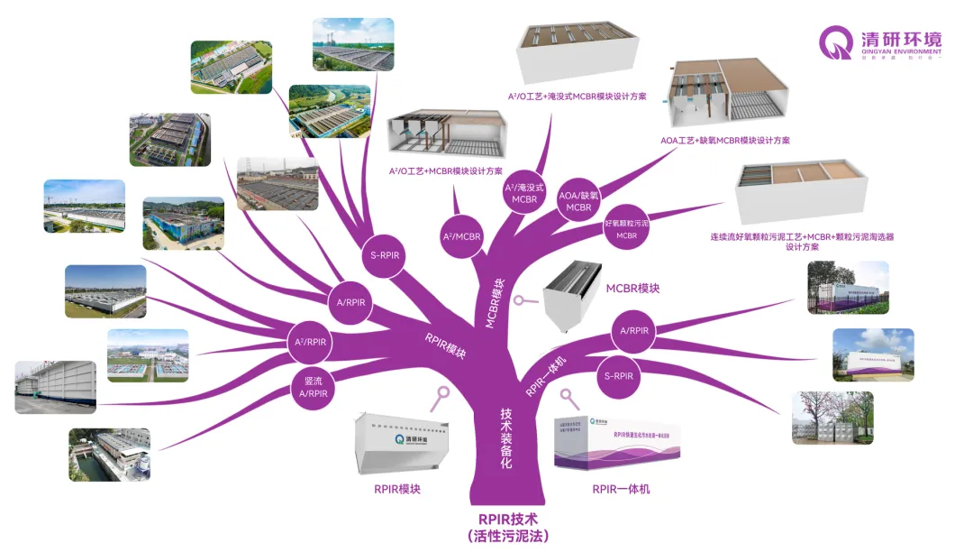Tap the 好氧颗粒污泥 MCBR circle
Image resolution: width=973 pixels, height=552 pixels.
coord(626,226)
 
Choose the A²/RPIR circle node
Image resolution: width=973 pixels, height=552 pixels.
coord(311,342)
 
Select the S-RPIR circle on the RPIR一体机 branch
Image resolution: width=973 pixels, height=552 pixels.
coord(619,374)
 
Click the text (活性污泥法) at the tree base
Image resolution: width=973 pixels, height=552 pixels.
coord(508,537)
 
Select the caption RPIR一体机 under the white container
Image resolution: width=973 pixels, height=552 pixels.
coord(621,490)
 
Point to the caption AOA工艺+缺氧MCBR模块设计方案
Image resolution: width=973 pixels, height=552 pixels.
coord(725,141)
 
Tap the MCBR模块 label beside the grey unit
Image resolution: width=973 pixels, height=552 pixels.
coord(632,289)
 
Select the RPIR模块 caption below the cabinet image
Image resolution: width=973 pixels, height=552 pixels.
coord(397,490)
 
